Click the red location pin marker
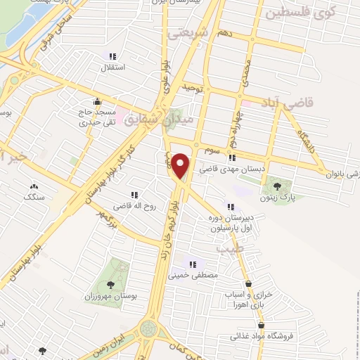click(181, 165)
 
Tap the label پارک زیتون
click(278, 199)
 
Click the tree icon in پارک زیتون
click(277, 186)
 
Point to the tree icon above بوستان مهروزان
click(110, 285)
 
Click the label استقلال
click(114, 68)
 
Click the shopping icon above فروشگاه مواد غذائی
click(262, 325)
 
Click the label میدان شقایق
click(150, 120)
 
